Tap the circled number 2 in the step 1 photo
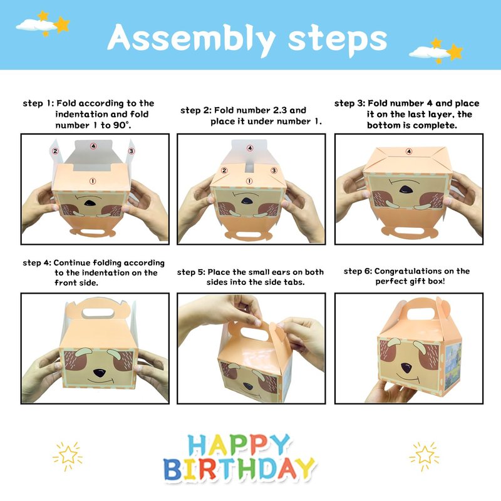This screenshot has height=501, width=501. point(55,151)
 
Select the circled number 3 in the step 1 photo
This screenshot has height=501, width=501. point(131,151)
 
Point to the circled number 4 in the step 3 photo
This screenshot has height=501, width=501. point(409,151)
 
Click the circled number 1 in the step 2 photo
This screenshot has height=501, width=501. point(249,181)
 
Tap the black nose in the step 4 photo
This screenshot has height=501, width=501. point(100,372)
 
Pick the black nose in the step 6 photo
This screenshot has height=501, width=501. point(406,368)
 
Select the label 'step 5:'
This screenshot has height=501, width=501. point(191,272)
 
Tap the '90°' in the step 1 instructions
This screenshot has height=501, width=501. point(121,125)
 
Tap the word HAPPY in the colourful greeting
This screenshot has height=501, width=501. point(239,445)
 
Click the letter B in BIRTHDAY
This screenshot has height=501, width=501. point(173,469)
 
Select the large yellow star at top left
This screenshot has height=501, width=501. point(61,25)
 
